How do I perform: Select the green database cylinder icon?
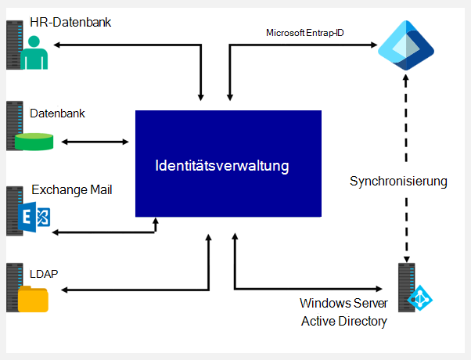point(34,142)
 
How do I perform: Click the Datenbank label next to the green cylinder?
point(57,113)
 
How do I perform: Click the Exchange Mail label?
point(72,189)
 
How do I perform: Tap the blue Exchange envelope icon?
point(35,218)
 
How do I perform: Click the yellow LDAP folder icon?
point(33,299)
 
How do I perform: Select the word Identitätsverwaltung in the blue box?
point(222,166)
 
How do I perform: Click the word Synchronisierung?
point(398,182)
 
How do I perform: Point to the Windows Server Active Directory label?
point(343,311)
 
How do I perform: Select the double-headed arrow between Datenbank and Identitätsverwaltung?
point(95,142)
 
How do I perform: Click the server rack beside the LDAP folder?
point(13,287)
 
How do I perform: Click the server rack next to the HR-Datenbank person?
point(13,45)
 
